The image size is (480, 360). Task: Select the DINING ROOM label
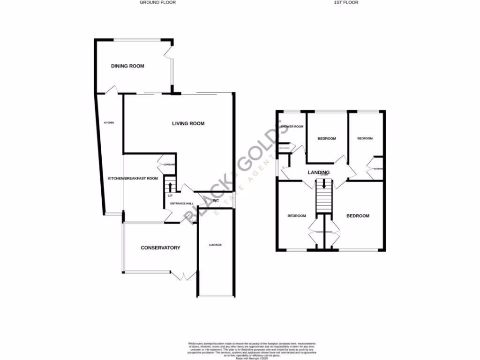[x=127, y=66]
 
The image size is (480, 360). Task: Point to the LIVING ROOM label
[x=188, y=124]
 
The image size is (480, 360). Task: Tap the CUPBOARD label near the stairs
[x=169, y=165]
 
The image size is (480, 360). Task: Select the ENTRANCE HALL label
[x=182, y=203]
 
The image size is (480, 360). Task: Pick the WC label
[x=216, y=200]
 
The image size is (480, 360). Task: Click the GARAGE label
[x=215, y=245]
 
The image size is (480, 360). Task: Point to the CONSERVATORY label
[x=160, y=247]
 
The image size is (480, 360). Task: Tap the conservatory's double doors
[x=183, y=276]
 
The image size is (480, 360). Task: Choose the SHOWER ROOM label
[x=292, y=127]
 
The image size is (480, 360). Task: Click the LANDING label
[x=318, y=172]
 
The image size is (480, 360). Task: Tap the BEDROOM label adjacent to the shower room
[x=327, y=138]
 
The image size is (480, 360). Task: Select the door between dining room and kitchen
[x=112, y=90]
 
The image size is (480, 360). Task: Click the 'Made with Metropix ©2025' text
[x=240, y=358]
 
